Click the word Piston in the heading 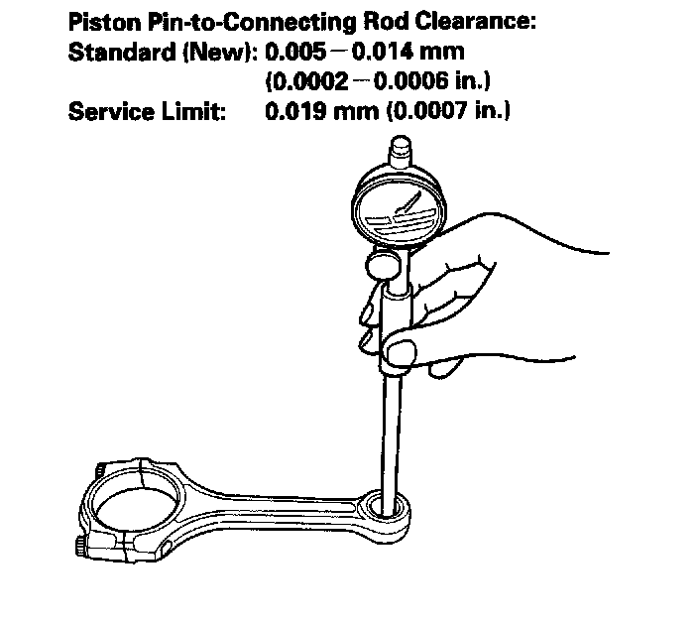(x=101, y=21)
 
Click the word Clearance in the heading (x=475, y=21)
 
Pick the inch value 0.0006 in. (x=431, y=80)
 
